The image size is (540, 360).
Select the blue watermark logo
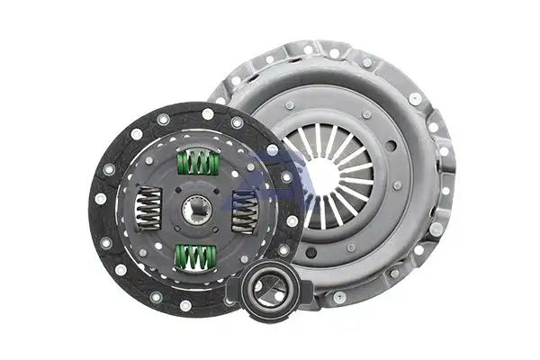(x=270, y=175)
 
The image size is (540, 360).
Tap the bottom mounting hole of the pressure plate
(x=338, y=297)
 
